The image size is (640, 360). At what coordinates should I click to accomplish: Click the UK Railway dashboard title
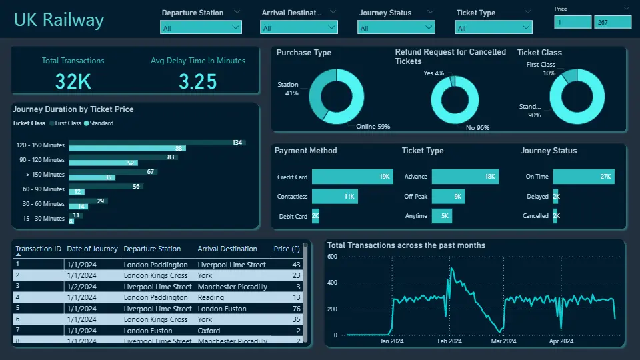point(59,19)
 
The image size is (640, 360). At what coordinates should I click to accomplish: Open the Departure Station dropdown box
point(201,27)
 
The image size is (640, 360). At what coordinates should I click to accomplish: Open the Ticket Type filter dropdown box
point(493,27)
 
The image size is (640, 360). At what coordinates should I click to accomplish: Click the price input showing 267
point(612,22)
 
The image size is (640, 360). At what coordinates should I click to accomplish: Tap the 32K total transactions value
point(73,81)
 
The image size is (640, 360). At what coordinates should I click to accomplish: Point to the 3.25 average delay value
point(198,81)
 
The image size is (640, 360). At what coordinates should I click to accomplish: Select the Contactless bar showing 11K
point(335,197)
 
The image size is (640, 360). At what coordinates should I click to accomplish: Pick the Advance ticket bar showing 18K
point(465,177)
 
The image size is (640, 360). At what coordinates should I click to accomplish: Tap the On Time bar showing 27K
point(583,177)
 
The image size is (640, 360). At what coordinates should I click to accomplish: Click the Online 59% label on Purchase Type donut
point(374,126)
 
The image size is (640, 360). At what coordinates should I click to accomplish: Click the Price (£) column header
point(287,249)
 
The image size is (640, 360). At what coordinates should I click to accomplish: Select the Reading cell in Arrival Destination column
point(211,297)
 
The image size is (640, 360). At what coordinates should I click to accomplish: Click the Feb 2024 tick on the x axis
point(450,341)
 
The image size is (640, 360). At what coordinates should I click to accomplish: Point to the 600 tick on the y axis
point(332,257)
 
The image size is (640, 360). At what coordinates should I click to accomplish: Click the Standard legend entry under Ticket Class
point(99,123)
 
